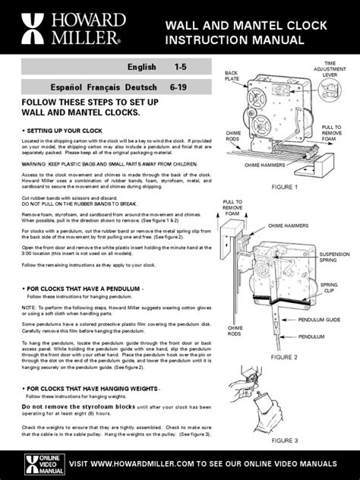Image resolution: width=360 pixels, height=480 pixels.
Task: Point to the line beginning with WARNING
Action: coord(106,162)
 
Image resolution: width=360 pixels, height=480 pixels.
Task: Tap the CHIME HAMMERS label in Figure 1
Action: coord(266,164)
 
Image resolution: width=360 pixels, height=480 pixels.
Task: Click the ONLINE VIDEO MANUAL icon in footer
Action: coord(30,463)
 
